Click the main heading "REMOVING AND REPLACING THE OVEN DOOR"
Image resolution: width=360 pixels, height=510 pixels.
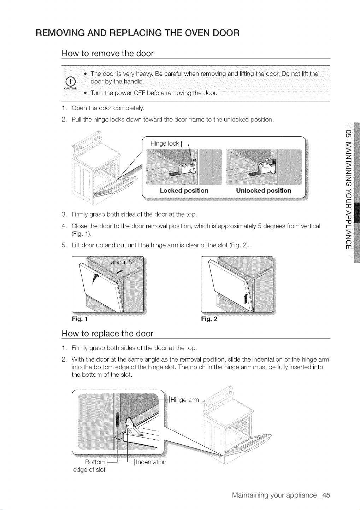point(137,33)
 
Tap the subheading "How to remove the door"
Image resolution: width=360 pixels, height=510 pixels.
point(108,53)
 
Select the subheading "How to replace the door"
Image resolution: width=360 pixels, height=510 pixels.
point(107,334)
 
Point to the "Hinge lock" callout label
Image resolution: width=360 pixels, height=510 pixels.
point(165,143)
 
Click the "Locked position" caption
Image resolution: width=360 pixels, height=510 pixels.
point(184,190)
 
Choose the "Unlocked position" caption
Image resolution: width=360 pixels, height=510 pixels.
point(264,190)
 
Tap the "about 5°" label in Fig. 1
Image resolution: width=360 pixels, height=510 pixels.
point(123,262)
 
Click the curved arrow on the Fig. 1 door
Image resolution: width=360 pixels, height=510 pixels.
point(95,279)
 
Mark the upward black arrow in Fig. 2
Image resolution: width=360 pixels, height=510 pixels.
point(246,299)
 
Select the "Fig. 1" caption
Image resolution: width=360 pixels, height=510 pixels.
point(79,319)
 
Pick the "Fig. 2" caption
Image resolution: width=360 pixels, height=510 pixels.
point(209,319)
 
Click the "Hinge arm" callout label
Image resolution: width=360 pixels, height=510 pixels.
point(184,400)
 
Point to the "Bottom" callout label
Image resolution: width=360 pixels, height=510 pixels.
point(95,462)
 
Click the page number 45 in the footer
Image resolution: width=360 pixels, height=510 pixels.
point(326,495)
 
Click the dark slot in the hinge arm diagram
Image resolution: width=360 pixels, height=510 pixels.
point(117,420)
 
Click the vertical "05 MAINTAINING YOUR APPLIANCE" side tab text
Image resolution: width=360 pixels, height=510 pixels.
point(349,189)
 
